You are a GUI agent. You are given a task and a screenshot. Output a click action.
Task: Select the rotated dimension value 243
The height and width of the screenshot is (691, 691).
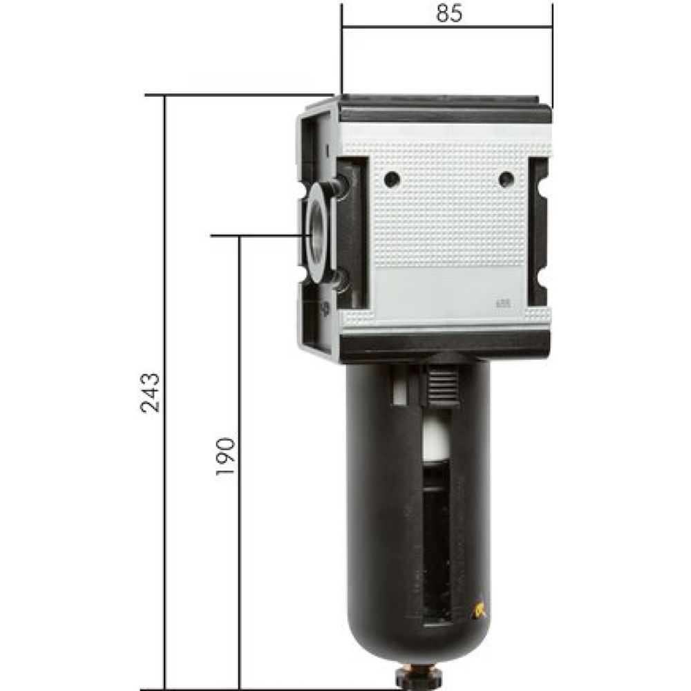coord(151,392)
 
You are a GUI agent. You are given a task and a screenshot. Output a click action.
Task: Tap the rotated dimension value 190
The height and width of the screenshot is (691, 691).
coord(226,456)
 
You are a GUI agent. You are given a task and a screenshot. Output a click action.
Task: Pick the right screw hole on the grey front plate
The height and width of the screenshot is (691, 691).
coord(506,180)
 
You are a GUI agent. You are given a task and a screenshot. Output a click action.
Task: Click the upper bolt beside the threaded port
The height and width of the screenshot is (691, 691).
coord(339,185)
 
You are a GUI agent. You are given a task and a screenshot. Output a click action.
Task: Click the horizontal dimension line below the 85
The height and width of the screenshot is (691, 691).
coord(447,28)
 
